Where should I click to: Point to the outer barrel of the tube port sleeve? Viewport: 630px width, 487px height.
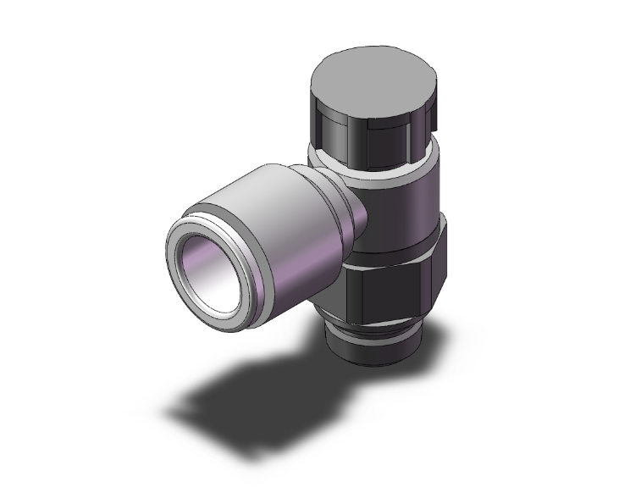click(x=262, y=212)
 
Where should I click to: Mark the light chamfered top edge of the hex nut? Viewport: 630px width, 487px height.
click(x=398, y=253)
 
